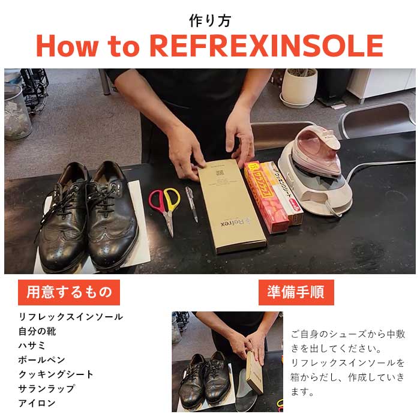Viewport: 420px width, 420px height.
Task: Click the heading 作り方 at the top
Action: click(209, 20)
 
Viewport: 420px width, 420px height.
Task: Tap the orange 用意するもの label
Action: click(69, 292)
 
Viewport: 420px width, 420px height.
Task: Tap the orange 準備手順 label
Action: click(296, 292)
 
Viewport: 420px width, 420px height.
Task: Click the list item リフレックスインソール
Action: click(71, 317)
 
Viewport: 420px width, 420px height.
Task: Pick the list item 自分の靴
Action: click(38, 331)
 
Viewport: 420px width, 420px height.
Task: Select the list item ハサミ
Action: click(32, 346)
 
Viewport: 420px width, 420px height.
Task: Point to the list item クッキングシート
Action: click(56, 374)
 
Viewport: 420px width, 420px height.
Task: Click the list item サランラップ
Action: click(47, 389)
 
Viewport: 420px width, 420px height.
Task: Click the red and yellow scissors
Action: click(165, 207)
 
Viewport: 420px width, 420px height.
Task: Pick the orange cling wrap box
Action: click(264, 195)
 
